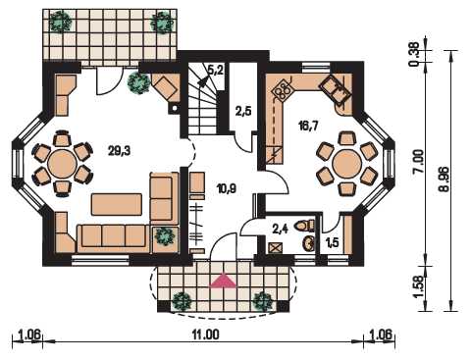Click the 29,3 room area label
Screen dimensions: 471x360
120,151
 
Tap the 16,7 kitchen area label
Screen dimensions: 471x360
308,125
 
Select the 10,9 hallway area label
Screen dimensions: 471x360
227,188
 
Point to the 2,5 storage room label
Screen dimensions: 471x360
243,111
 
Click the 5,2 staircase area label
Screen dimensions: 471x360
216,70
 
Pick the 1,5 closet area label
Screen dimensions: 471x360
333,242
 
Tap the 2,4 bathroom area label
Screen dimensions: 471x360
280,229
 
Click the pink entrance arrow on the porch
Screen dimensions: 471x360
223,281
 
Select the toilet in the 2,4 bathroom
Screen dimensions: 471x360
304,226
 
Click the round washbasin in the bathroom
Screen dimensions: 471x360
309,243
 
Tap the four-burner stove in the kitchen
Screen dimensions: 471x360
282,88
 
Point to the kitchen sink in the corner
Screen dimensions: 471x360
335,89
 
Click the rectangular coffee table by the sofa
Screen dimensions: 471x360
117,204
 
